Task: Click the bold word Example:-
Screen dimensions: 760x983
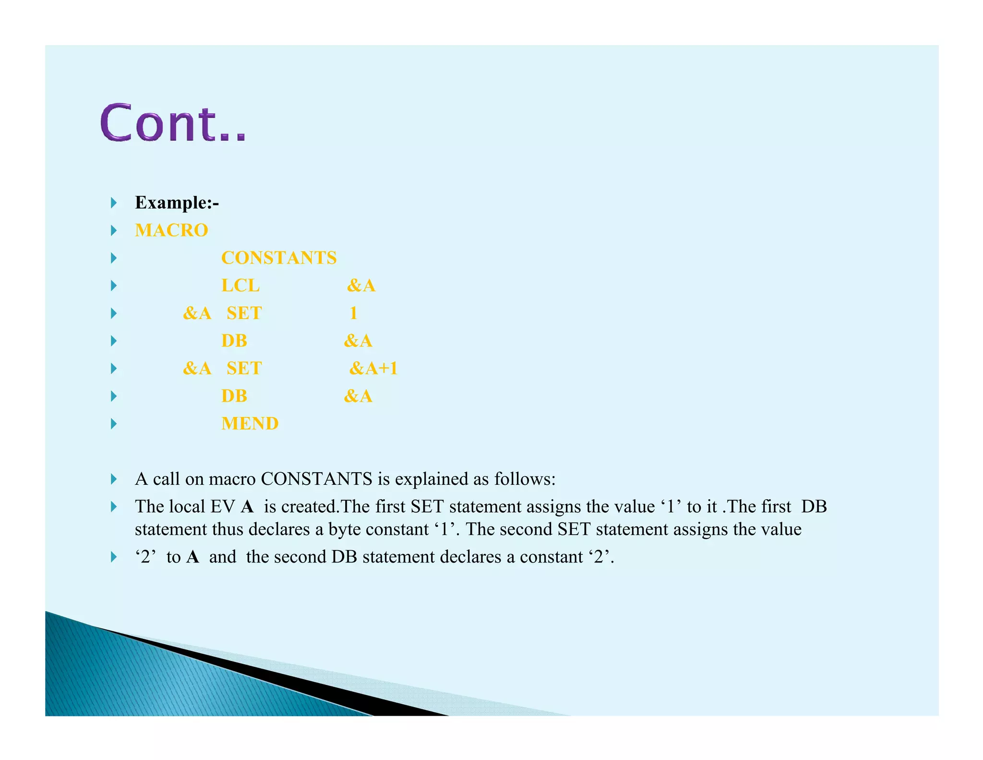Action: (x=177, y=203)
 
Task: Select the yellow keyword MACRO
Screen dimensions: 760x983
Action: (x=171, y=231)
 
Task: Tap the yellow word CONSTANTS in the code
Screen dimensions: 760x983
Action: (x=278, y=258)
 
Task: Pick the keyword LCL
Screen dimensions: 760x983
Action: (x=240, y=286)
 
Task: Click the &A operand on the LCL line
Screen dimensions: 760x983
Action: (x=361, y=286)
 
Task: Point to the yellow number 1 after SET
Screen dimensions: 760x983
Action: (x=353, y=313)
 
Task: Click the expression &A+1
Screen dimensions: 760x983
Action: (x=373, y=368)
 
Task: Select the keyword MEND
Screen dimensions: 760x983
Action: (x=250, y=424)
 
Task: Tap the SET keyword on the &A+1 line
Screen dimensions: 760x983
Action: (x=244, y=368)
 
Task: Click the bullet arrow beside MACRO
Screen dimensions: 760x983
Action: (x=114, y=231)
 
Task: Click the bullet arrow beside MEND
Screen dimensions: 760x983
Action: (x=114, y=424)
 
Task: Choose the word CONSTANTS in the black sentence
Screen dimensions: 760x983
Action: (x=316, y=479)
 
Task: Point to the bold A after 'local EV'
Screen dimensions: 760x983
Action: (x=247, y=507)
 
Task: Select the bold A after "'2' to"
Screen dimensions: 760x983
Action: (x=192, y=557)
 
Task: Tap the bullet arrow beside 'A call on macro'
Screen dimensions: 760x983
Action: (x=114, y=479)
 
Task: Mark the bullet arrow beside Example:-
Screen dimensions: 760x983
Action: (x=114, y=203)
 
